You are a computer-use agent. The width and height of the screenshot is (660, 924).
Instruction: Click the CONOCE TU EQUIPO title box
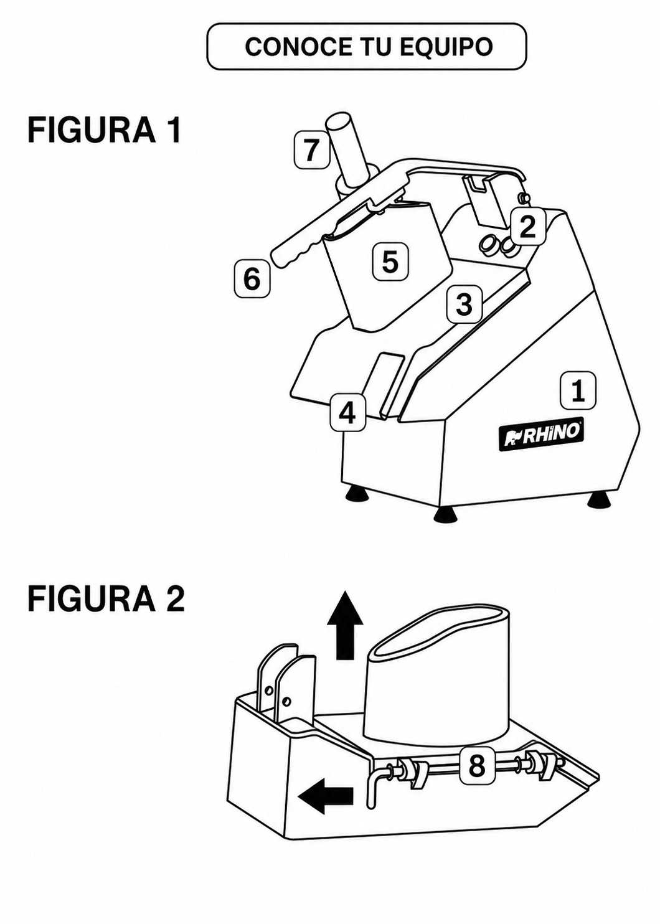366,46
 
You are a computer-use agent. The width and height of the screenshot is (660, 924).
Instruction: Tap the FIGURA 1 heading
104,130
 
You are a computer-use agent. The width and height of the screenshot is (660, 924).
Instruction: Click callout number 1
578,390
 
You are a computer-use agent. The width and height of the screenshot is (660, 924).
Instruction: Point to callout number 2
527,227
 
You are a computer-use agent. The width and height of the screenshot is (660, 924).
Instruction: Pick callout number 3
464,305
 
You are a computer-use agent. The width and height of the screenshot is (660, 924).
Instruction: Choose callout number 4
347,413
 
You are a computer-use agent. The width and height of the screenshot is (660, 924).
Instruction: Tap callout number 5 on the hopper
390,262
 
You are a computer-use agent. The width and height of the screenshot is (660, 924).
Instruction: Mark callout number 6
252,280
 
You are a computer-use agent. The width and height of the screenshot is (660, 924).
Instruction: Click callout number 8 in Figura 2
476,766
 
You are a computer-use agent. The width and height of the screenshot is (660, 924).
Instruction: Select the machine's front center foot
447,515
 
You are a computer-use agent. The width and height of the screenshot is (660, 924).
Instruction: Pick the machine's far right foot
598,501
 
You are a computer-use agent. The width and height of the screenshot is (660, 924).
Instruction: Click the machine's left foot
357,494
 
